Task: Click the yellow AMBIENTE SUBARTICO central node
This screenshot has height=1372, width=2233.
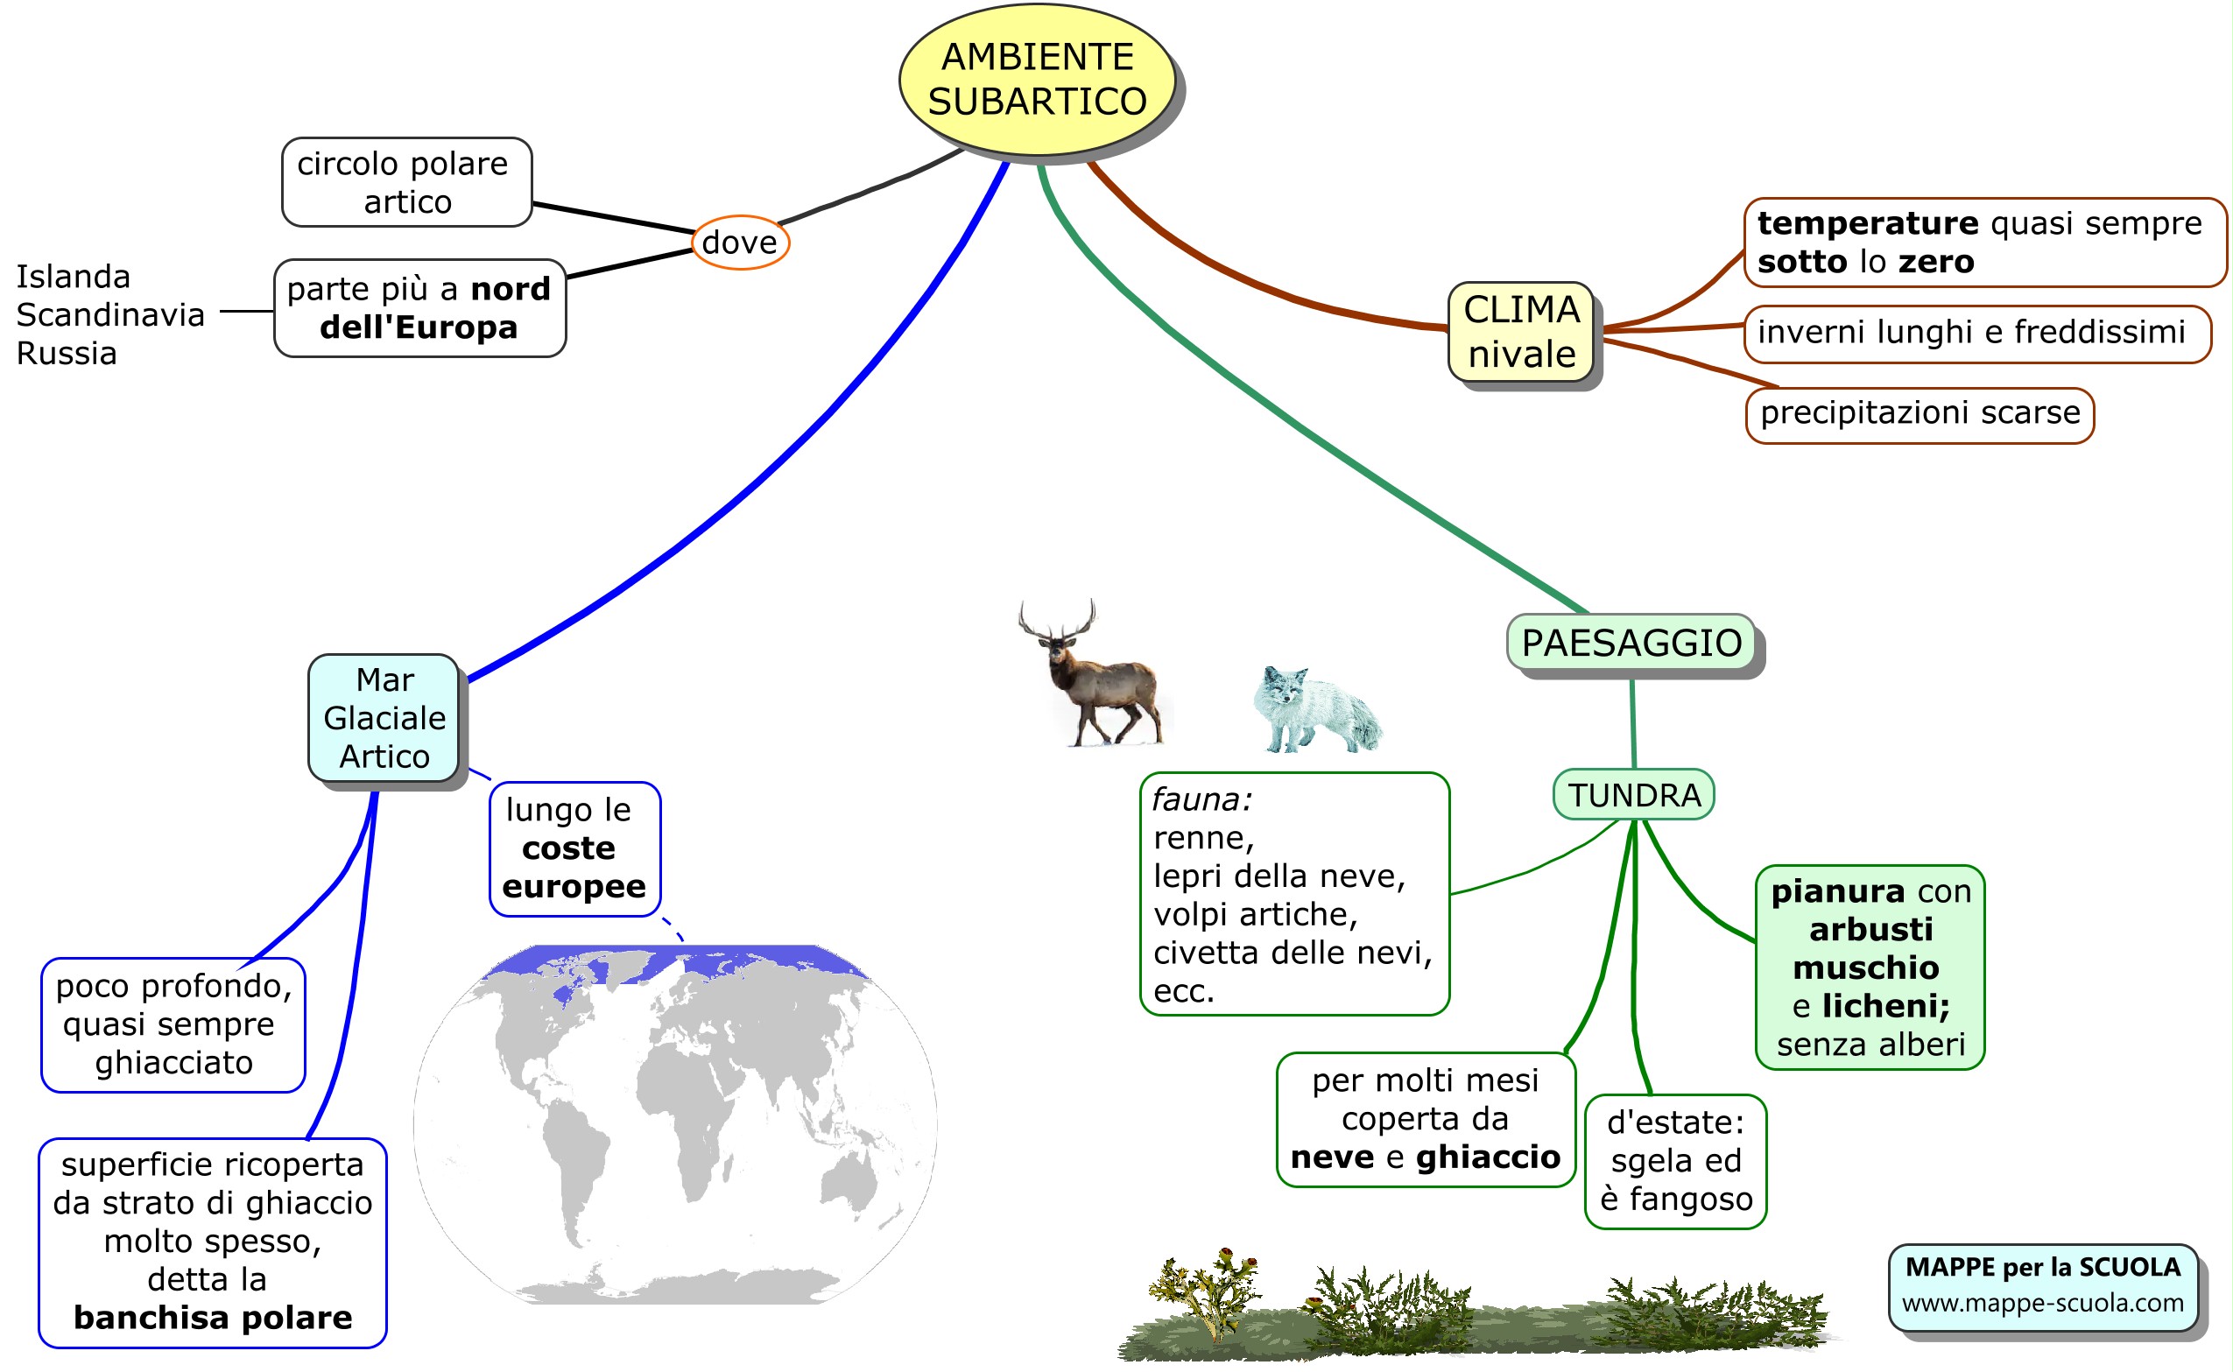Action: [x=1036, y=80]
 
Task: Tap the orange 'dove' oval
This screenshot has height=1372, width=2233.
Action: [x=739, y=243]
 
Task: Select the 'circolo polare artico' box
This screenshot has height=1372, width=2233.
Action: [x=406, y=182]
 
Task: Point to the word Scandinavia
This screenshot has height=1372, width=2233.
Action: [x=110, y=315]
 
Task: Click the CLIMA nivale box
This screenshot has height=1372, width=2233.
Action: [x=1521, y=332]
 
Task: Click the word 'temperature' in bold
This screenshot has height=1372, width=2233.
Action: [x=1866, y=223]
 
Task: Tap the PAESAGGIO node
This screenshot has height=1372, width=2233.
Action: [x=1631, y=643]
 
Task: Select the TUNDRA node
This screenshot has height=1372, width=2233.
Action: [x=1633, y=795]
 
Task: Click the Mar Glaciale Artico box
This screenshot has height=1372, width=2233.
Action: [x=384, y=718]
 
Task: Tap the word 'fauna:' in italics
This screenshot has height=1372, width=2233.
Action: [x=1201, y=799]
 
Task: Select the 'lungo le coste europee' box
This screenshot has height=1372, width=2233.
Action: [x=574, y=848]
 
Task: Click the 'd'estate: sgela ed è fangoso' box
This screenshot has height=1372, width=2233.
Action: [x=1675, y=1161]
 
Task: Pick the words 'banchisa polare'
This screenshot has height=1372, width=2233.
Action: [x=213, y=1318]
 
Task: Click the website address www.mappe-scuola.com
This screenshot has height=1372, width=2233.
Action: [x=2041, y=1304]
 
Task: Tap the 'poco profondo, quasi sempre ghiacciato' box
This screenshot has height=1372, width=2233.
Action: [x=173, y=1024]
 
